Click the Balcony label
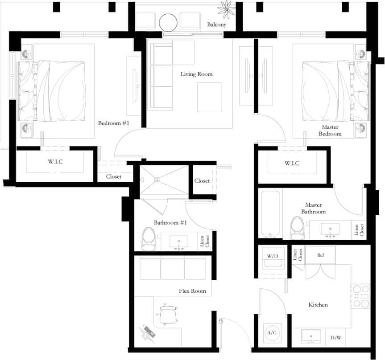pos(217,25)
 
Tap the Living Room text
pos(196,74)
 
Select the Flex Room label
pos(193,291)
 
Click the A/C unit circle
pos(271,333)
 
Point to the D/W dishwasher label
pos(335,337)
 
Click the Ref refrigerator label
pos(320,255)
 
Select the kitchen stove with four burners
pos(361,296)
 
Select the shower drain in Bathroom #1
pos(157,180)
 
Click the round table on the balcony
pos(169,22)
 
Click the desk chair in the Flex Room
pos(169,315)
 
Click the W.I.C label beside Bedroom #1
pos(55,161)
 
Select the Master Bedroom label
pos(331,131)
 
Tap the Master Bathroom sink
pos(331,229)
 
